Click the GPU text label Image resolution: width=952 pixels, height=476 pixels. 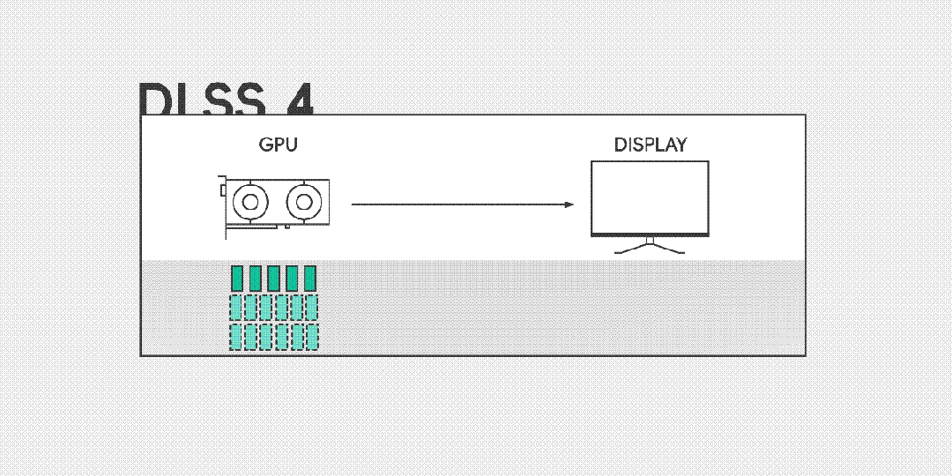pos(278,145)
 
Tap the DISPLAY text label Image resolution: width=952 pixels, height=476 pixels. pos(650,145)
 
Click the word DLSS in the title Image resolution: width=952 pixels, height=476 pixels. pos(201,100)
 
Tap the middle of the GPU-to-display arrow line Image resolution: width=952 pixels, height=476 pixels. pos(460,205)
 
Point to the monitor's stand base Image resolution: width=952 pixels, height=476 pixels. pos(650,250)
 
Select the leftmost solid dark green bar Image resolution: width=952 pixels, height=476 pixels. pos(236,278)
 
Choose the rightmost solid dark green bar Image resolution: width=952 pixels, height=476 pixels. pos(309,278)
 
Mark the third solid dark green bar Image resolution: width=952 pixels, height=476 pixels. pos(273,278)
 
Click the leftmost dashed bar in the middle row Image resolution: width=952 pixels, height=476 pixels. pos(236,307)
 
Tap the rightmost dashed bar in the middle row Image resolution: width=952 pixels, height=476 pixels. pos(312,307)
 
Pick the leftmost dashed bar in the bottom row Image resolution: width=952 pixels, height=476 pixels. pos(236,337)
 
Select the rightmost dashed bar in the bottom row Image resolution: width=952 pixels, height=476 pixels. pos(312,337)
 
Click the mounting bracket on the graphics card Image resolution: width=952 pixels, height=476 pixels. pos(222,208)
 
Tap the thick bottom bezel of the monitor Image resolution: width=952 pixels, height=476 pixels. pos(650,234)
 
